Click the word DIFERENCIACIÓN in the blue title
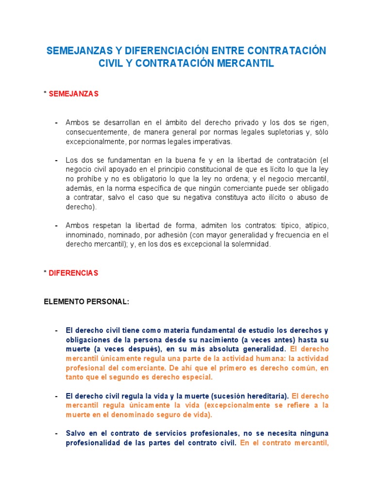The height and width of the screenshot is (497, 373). point(167,51)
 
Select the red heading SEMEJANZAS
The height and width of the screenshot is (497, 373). point(74,94)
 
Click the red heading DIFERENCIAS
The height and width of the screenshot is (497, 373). point(74,273)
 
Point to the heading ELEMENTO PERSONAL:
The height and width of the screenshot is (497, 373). point(86,301)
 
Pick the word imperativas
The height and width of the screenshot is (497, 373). point(212,142)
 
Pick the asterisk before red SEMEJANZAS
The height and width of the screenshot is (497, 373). point(45,94)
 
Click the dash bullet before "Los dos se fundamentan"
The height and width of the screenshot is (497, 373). point(56,160)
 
